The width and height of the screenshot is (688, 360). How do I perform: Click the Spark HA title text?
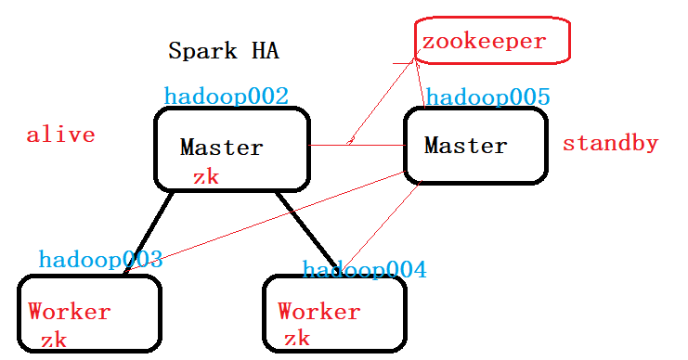(x=223, y=50)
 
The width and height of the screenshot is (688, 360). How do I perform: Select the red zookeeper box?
(x=490, y=42)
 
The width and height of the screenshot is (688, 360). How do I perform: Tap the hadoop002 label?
(x=226, y=96)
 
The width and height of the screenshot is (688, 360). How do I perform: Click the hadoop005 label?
(x=488, y=97)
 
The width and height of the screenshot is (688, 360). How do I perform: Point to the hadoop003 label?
(x=100, y=260)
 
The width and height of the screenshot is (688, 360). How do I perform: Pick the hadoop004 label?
(x=364, y=270)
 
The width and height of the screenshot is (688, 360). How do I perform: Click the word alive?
(x=60, y=135)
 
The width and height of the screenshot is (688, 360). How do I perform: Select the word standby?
(x=610, y=144)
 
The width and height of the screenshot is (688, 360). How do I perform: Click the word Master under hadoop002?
(x=221, y=147)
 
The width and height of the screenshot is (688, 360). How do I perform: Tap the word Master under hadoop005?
(x=465, y=146)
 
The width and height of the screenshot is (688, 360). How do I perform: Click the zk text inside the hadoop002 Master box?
(x=205, y=176)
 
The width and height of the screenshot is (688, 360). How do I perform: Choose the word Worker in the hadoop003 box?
(x=70, y=312)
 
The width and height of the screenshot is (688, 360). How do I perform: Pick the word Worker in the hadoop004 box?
(x=318, y=312)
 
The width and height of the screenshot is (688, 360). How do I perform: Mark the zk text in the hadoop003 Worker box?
(x=53, y=340)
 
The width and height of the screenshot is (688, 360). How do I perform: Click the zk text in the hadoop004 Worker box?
(x=296, y=339)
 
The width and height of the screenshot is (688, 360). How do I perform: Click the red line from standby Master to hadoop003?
(x=279, y=215)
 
